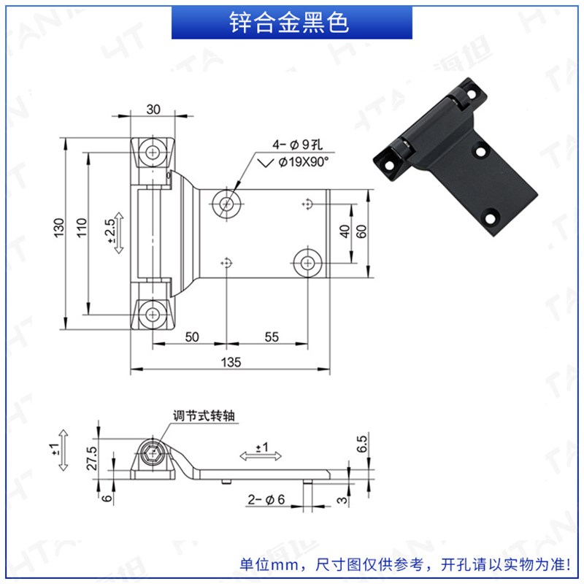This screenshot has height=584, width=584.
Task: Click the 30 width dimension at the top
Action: point(153,109)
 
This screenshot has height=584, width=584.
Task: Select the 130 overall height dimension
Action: point(59,233)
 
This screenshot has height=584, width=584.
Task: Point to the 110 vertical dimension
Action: point(81,233)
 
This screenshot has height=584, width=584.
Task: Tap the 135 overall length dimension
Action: point(231,362)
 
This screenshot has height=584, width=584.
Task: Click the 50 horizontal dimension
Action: point(191,337)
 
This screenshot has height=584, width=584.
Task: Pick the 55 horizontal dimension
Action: point(271,337)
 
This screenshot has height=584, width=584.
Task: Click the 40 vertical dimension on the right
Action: point(345,232)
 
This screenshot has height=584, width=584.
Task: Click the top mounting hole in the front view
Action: point(153,152)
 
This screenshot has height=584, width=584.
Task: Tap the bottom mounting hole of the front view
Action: point(153,315)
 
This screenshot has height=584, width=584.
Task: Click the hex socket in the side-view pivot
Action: point(152,455)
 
